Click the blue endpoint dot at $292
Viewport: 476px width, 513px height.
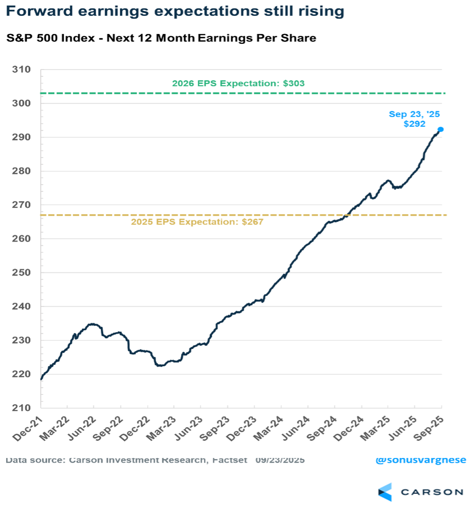440,129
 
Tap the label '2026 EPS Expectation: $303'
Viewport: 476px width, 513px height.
238,83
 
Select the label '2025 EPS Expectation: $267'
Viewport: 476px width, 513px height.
197,222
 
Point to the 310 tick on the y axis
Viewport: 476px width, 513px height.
23,70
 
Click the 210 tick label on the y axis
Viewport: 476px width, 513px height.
23,408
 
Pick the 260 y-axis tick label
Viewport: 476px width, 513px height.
23,239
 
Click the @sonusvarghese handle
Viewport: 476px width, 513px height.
420,460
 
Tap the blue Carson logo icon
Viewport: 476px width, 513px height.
385,492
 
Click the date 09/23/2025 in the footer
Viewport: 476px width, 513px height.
280,460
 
